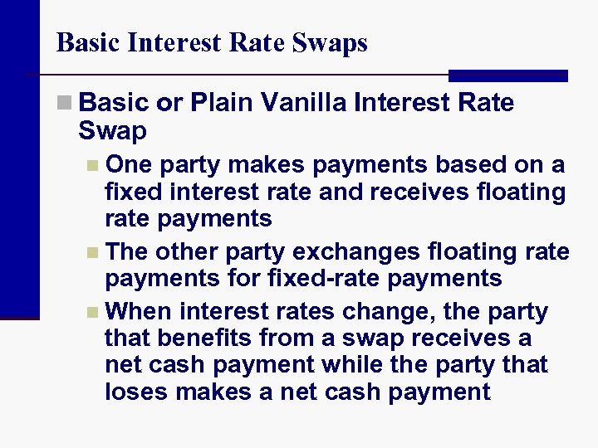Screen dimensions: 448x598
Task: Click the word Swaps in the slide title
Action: pos(331,43)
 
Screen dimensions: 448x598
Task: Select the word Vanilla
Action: pos(303,103)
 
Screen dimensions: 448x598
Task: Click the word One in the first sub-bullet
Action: pos(127,164)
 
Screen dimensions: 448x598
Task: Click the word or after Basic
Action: pos(169,103)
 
